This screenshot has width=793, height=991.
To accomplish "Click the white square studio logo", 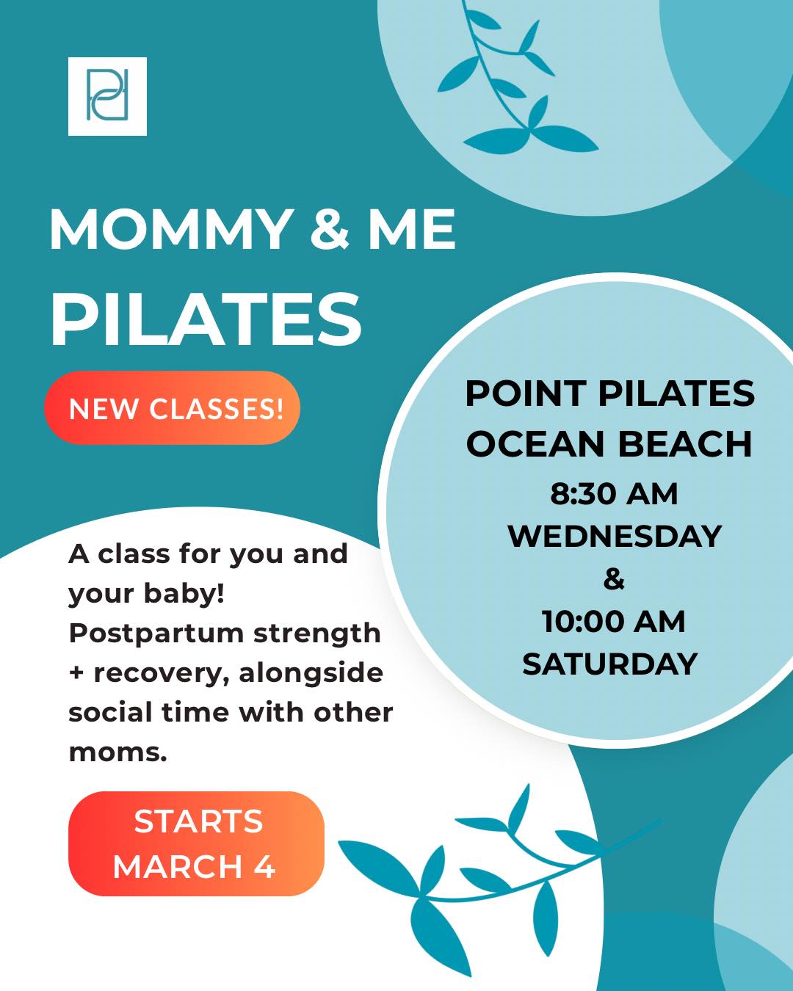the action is [x=107, y=96].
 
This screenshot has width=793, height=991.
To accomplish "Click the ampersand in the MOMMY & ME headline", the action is [x=329, y=229].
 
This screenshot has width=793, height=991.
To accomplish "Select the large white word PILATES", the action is [x=206, y=319].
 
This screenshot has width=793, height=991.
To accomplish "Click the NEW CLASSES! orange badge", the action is [x=172, y=408].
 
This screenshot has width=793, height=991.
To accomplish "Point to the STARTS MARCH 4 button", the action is [x=196, y=843].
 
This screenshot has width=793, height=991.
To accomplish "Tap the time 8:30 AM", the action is [x=615, y=495].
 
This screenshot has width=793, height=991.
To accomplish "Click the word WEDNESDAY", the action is [x=615, y=537].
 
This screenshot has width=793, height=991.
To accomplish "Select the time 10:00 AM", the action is [x=614, y=622].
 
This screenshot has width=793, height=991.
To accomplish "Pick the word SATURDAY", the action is [x=610, y=664].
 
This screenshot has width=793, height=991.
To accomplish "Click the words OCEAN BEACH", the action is [x=609, y=443].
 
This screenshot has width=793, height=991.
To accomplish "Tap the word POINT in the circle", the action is [x=525, y=393].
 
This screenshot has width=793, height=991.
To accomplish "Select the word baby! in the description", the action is [x=184, y=593].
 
